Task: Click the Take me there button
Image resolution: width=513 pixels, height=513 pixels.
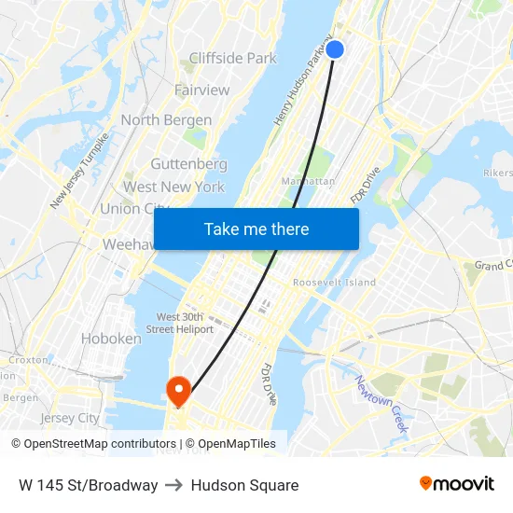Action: click(256, 229)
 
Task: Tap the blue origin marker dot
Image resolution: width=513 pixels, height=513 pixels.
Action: click(335, 49)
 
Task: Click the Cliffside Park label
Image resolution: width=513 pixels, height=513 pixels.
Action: click(232, 58)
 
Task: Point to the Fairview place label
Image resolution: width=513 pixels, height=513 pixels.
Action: click(201, 90)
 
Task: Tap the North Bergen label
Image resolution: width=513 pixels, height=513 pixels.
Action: click(166, 119)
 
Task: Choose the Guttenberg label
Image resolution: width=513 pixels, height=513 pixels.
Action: click(188, 164)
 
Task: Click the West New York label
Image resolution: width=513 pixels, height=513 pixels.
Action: click(173, 187)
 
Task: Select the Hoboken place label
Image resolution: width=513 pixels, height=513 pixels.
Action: click(111, 339)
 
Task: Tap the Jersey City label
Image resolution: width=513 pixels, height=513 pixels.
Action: click(70, 418)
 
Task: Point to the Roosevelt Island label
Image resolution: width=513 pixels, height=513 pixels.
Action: click(334, 282)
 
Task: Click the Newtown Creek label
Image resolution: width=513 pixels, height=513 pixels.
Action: click(383, 403)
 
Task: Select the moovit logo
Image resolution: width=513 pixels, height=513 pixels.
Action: click(457, 483)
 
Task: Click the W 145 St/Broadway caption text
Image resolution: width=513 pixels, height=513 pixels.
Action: click(88, 485)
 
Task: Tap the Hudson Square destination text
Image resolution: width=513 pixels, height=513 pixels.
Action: click(244, 485)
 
